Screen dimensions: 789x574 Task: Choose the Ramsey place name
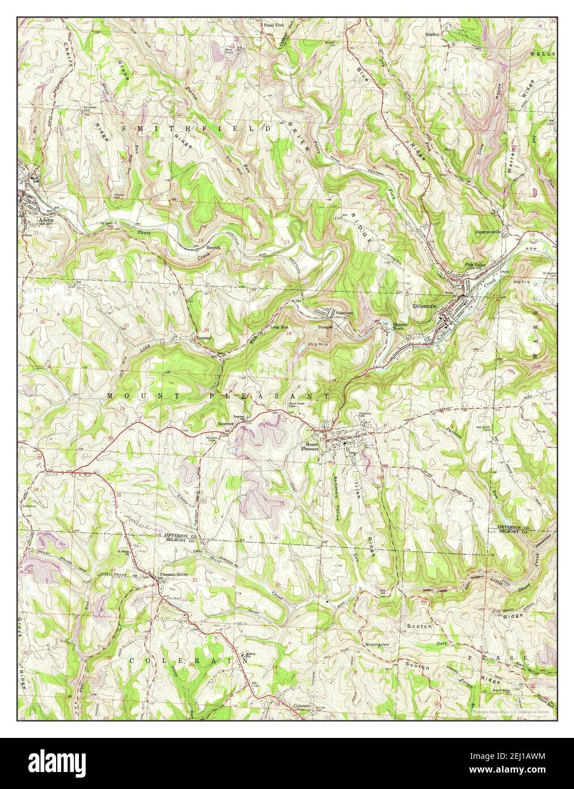(203, 338)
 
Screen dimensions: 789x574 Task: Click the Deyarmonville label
(490, 232)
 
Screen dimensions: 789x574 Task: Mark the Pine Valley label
(476, 265)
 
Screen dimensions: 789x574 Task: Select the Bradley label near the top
(433, 34)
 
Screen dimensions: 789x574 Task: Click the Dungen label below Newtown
(326, 326)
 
